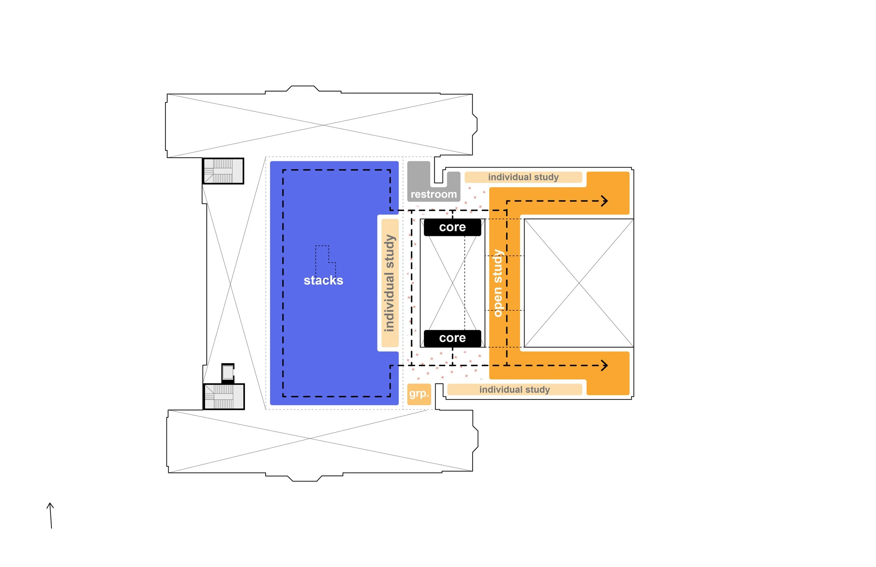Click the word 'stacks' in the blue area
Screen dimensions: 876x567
point(323,281)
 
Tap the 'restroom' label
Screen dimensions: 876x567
point(433,194)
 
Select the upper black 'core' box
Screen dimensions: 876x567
point(452,227)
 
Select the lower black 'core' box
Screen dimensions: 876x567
point(452,338)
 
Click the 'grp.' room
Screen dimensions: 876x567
point(419,394)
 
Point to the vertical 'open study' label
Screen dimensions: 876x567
point(497,283)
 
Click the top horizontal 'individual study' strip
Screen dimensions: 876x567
point(523,177)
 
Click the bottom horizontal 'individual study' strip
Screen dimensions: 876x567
point(514,390)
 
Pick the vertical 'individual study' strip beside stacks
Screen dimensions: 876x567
point(390,283)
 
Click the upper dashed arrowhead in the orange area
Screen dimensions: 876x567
point(604,201)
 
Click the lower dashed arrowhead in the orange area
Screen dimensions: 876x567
point(604,366)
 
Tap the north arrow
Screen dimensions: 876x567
point(51,515)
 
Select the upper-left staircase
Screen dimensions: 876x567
point(223,171)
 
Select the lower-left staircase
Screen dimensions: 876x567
point(224,397)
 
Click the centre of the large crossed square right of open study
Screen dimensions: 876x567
point(579,283)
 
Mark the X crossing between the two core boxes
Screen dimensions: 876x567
point(452,283)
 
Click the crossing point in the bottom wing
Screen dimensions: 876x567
point(310,438)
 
